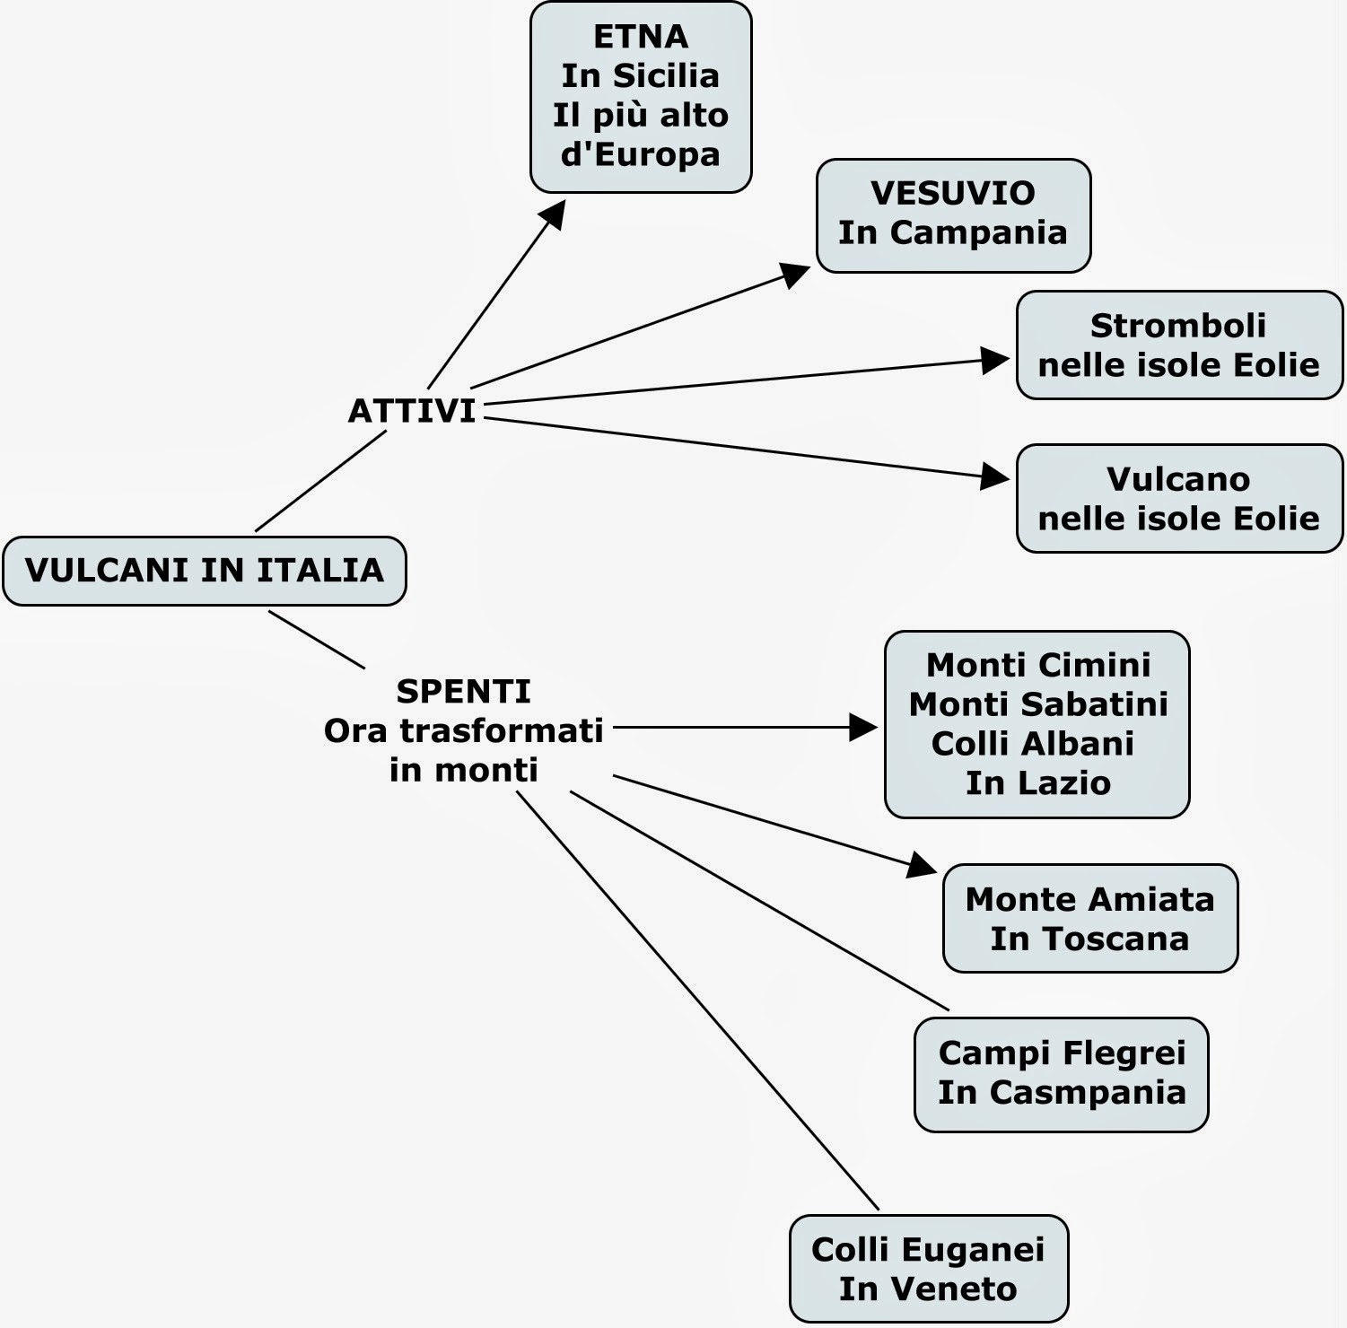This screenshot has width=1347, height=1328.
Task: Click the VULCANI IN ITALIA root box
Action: coord(205,571)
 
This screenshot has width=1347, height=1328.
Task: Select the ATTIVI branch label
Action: coord(412,411)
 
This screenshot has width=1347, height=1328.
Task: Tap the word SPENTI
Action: coord(463,692)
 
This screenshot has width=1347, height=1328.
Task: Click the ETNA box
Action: coord(641,97)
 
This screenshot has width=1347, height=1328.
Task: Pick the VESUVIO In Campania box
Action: coord(953,215)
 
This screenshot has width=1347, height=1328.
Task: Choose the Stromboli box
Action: coord(1179,345)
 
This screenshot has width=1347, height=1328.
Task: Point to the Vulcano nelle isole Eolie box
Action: coord(1179,498)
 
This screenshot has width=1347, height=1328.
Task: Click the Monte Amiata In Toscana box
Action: coord(1089,919)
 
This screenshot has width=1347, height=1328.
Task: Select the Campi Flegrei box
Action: coord(1062,1074)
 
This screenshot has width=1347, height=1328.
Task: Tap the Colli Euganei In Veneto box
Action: coord(928,1269)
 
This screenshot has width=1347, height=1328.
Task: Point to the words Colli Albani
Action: coord(1032,744)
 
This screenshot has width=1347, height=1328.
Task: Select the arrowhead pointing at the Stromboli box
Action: coord(995,360)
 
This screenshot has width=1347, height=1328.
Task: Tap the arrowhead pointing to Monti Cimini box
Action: coord(863,727)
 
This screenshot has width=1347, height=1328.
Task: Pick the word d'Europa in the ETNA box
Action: coord(641,155)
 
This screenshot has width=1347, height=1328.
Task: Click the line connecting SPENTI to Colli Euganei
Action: coord(697,1000)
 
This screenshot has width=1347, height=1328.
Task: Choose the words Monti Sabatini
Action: coord(1038,704)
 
